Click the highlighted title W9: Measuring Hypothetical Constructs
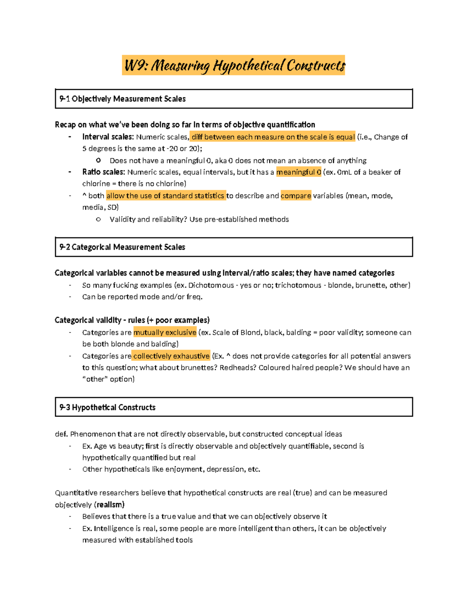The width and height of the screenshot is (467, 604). point(233,65)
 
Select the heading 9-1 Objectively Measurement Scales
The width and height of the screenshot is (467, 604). point(123,99)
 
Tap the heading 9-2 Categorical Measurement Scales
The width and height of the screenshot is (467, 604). point(122,247)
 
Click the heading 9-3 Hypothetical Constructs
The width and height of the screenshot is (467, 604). point(108,407)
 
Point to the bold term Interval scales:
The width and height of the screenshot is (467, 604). point(108,137)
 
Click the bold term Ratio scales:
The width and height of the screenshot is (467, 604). point(104,172)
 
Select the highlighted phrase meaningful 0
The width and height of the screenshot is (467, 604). point(298,172)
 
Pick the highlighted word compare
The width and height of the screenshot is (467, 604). point(296,196)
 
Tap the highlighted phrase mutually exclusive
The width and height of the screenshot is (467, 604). point(165,333)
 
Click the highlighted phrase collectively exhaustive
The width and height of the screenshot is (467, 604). point(171,356)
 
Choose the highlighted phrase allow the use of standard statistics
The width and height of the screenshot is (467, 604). point(165,196)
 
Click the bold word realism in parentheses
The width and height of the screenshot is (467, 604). point(111,504)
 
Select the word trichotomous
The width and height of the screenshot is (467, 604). point(298,285)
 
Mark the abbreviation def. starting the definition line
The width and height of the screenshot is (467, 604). point(61,434)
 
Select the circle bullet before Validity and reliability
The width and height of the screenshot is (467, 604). point(98,219)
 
